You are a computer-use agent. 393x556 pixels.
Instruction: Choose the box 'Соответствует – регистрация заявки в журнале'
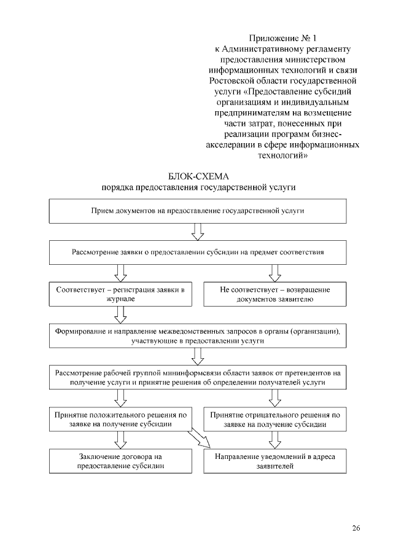pos(120,294)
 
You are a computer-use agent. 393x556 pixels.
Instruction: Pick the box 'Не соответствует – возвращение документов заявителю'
pos(275,294)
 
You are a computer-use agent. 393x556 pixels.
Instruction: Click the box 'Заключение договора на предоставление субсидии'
pos(120,461)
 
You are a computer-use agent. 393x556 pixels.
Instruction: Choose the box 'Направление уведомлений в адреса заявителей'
pos(275,461)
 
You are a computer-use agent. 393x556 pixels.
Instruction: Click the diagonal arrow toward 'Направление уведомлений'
pos(200,439)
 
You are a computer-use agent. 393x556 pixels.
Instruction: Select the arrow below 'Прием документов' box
pos(198,231)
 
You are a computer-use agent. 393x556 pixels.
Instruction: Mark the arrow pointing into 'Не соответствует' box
pos(275,272)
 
